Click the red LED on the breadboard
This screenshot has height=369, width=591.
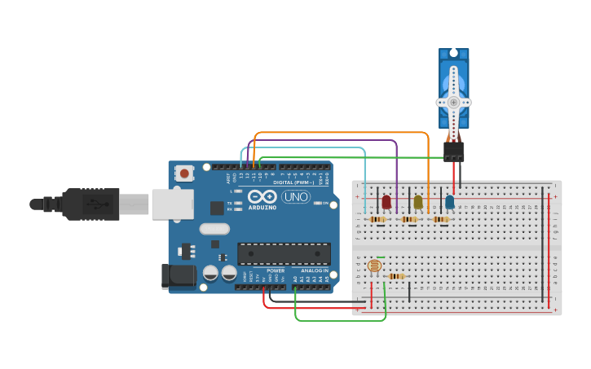(x=386, y=201)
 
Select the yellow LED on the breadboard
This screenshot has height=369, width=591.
(x=418, y=201)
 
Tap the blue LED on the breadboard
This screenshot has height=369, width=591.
(x=449, y=201)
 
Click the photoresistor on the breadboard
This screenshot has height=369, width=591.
(x=374, y=266)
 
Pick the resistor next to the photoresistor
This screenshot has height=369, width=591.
(x=396, y=276)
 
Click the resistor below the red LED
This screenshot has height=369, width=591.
(x=377, y=219)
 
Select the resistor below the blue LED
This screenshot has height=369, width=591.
(x=441, y=219)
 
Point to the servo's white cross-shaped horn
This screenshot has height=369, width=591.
(x=453, y=103)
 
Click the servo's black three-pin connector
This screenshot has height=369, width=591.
(x=453, y=152)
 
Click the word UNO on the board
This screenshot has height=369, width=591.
(x=295, y=197)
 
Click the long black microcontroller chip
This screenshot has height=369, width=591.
(x=284, y=253)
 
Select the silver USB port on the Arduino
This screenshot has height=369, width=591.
(x=171, y=204)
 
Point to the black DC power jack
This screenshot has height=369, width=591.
(x=179, y=275)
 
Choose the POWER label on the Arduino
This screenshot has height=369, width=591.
(x=276, y=270)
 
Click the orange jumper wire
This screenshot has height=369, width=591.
(x=342, y=132)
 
